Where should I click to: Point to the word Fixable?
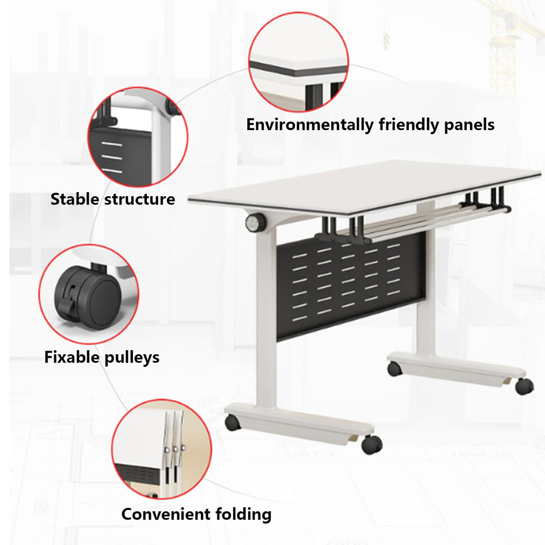pyautogui.click(x=72, y=357)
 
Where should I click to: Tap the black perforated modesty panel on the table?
pyautogui.click(x=350, y=287)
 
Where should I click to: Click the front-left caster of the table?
pyautogui.click(x=233, y=422)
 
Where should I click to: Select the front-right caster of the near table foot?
pyautogui.click(x=372, y=444)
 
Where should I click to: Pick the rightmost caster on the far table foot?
pyautogui.click(x=524, y=386)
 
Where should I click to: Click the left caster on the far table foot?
pyautogui.click(x=395, y=369)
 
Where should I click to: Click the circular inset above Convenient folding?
pyautogui.click(x=161, y=449)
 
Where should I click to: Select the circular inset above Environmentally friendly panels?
pyautogui.click(x=299, y=62)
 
